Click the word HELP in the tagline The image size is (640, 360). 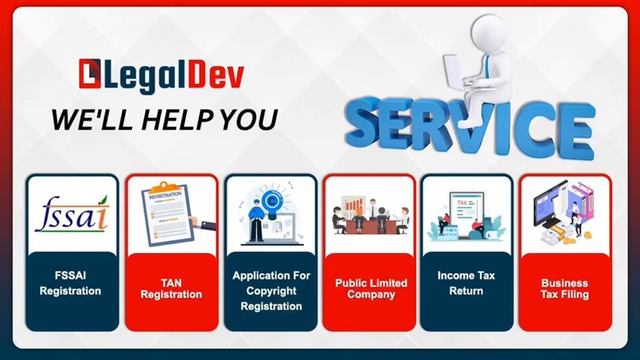188,118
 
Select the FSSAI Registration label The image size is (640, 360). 70,283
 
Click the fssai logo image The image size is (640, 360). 70,213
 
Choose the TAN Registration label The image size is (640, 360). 170,289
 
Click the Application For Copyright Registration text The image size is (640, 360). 271,290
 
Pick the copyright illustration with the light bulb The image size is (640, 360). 269,213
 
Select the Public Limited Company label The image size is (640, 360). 371,289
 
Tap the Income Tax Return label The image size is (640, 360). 468,283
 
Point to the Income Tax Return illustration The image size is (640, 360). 468,213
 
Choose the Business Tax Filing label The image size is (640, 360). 565,289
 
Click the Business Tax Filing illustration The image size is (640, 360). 565,211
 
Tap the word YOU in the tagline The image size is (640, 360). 252,118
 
